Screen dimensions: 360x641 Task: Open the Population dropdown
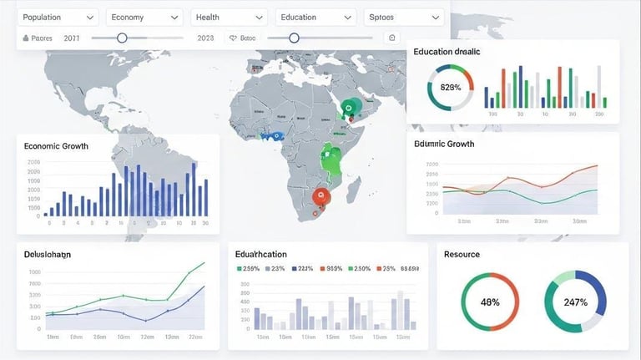click(58, 17)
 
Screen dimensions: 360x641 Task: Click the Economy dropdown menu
click(145, 17)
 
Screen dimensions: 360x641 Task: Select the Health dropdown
click(230, 17)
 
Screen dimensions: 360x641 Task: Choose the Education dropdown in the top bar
click(315, 17)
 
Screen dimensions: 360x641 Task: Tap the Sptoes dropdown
click(404, 17)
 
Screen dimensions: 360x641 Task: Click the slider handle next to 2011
click(122, 38)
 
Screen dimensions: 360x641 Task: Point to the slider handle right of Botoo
click(294, 38)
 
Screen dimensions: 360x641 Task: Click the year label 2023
click(205, 38)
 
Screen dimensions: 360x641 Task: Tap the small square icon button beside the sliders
click(392, 38)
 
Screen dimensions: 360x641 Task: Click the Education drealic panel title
click(447, 52)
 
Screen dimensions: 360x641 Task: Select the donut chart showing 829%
click(450, 87)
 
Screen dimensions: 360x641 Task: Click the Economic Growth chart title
click(57, 146)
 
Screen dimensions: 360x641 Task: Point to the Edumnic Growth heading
click(444, 144)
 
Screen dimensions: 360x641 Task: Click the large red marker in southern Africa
click(321, 197)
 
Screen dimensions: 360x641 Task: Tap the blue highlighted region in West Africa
click(273, 135)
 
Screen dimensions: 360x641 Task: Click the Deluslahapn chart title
click(48, 254)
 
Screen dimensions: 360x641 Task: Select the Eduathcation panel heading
click(261, 254)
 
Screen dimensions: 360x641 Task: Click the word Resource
click(462, 254)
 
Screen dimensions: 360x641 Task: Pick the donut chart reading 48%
click(490, 302)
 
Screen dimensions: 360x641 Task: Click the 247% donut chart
click(575, 302)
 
